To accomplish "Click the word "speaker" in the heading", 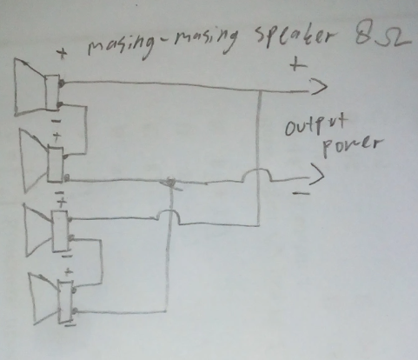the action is [294, 37].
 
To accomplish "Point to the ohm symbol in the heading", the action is [393, 38].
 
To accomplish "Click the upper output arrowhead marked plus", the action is [319, 86].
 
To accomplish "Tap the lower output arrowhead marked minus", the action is [316, 175].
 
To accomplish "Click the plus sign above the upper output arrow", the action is [298, 64].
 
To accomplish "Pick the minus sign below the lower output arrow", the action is [302, 193].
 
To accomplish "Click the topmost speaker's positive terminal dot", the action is [62, 83].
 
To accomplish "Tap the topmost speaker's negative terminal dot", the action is [60, 104].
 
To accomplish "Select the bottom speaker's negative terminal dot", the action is [75, 311].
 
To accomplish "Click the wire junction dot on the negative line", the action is [171, 183].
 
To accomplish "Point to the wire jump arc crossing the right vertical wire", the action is [257, 171].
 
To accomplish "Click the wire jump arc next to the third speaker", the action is [169, 212].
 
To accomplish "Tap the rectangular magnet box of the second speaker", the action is [56, 165].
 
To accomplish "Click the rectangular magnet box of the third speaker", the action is [60, 231].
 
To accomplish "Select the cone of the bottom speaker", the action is [44, 298].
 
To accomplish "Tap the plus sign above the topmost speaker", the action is [62, 54].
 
